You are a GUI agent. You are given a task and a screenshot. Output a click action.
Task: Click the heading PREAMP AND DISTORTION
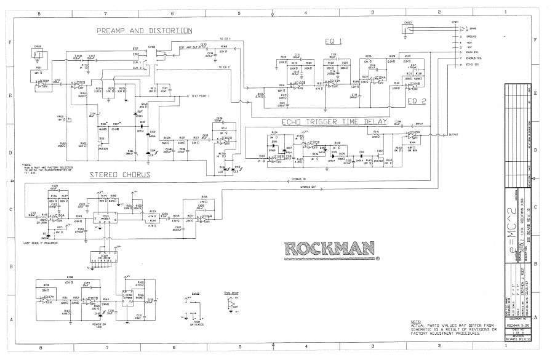click(144, 30)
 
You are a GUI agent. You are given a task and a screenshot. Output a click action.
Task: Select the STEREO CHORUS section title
click(121, 174)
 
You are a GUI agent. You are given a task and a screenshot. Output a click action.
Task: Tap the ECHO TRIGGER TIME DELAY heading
click(334, 122)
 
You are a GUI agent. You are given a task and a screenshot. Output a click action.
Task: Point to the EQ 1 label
click(334, 41)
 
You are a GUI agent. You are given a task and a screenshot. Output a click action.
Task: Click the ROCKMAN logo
click(330, 249)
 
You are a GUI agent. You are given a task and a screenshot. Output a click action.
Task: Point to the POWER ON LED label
click(99, 325)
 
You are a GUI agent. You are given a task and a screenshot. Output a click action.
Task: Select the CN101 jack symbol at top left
click(38, 54)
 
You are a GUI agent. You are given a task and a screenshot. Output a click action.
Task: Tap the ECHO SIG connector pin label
click(473, 64)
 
